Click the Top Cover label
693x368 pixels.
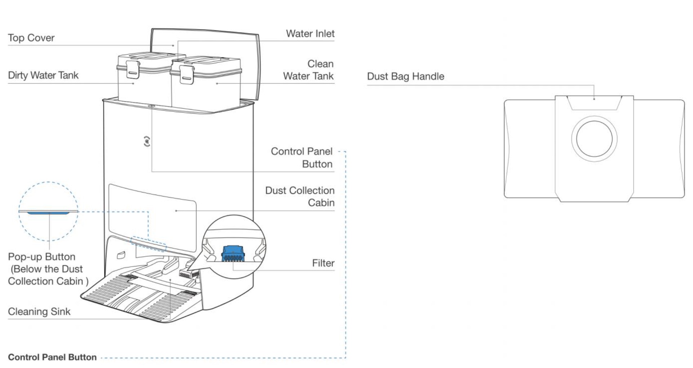31,38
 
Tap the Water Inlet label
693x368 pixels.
310,34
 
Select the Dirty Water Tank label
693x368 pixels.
43,75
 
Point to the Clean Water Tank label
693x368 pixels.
308,70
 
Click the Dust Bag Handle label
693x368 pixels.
405,76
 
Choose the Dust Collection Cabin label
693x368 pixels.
300,196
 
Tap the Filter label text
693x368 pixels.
323,263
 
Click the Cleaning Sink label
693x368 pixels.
39,311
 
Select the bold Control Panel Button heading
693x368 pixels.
52,357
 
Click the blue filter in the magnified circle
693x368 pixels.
233,253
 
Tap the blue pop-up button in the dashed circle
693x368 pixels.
48,213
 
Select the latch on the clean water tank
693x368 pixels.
187,74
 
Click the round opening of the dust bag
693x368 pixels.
594,139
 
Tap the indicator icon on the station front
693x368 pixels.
147,141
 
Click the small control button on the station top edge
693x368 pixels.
151,106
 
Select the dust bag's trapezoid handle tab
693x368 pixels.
594,103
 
